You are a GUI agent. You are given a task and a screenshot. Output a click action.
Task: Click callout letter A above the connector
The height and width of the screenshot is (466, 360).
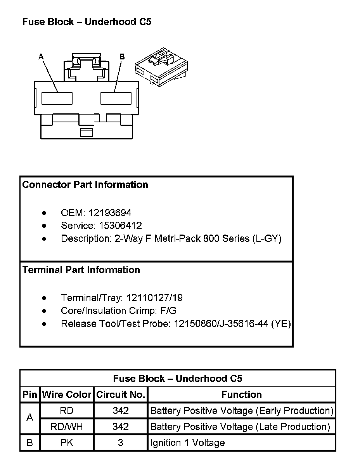pos(41,57)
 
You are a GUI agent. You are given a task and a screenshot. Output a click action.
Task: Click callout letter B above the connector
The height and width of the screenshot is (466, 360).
pos(122,57)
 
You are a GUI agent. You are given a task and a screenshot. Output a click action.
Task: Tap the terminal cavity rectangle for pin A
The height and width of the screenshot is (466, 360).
pos(57,98)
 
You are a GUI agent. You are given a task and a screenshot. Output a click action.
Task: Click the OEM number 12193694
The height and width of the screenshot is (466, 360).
pos(110,213)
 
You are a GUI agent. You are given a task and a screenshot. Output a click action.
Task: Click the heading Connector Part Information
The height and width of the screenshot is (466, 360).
pos(85,185)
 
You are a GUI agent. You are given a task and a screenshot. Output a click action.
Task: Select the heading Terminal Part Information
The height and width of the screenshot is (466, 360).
pos(81,270)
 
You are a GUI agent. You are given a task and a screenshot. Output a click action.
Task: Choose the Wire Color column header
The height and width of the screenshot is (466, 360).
pos(67,395)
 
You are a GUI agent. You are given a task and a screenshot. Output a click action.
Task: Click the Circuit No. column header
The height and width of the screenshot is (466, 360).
pos(121,395)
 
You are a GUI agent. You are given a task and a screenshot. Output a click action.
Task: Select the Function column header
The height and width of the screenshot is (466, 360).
pos(241,395)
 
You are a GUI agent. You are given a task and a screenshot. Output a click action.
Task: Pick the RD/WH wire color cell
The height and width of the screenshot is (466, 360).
pos(67,427)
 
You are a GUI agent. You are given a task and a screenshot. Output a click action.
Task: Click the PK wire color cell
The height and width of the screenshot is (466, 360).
pos(67,443)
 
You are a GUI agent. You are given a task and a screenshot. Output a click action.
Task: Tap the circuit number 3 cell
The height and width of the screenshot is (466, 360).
pos(121,443)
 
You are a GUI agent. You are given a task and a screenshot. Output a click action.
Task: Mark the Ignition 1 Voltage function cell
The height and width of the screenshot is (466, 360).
pos(187,443)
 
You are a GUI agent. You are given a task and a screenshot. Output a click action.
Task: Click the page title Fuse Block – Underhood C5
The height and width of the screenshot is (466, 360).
pos(87,22)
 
